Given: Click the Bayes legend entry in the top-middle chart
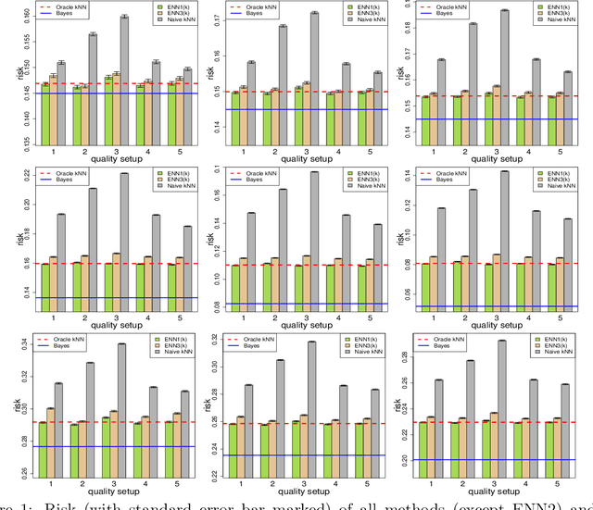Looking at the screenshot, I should point(243,16).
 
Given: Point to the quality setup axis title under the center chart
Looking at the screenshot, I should point(295,326).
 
